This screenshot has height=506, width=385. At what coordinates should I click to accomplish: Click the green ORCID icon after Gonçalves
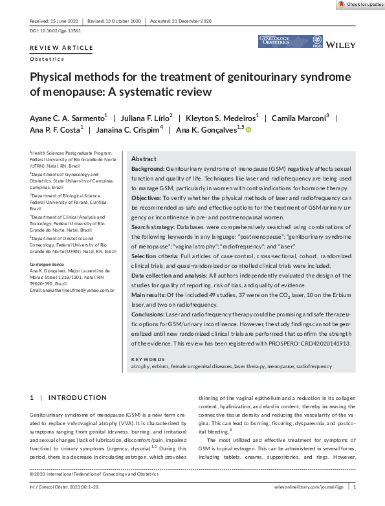tap(248, 130)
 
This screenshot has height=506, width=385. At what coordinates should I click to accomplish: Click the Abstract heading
tap(144, 159)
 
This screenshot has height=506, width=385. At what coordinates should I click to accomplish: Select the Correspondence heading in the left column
tap(48, 265)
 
